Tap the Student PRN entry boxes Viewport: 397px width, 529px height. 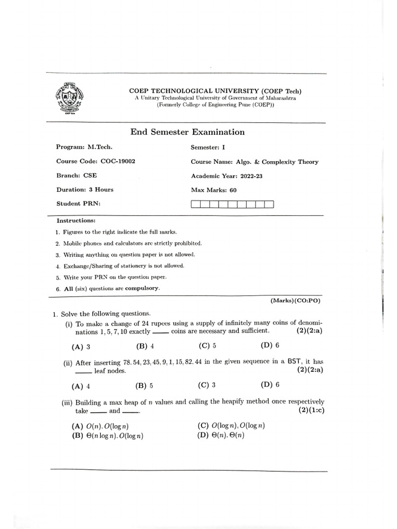pyautogui.click(x=232, y=204)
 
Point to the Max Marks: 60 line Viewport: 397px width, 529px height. pyautogui.click(x=213, y=190)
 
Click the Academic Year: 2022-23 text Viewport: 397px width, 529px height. pyautogui.click(x=226, y=176)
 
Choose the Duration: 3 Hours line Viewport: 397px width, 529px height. pyautogui.click(x=85, y=190)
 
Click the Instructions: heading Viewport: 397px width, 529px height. pyautogui.click(x=76, y=221)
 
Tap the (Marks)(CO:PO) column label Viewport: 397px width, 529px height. pyautogui.click(x=296, y=300)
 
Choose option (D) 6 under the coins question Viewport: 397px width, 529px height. pyautogui.click(x=270, y=346)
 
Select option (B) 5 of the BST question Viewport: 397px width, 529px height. pyautogui.click(x=144, y=385)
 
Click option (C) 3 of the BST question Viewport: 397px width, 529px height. pyautogui.click(x=207, y=385)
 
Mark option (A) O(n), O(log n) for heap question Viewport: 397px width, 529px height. pyautogui.click(x=100, y=426)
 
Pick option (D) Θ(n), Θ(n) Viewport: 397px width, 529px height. pyautogui.click(x=221, y=435)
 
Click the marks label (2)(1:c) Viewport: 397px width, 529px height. pyautogui.click(x=311, y=410)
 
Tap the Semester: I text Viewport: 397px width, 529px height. pyautogui.click(x=204, y=147)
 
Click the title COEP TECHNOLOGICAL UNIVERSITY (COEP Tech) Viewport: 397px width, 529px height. pyautogui.click(x=216, y=91)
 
